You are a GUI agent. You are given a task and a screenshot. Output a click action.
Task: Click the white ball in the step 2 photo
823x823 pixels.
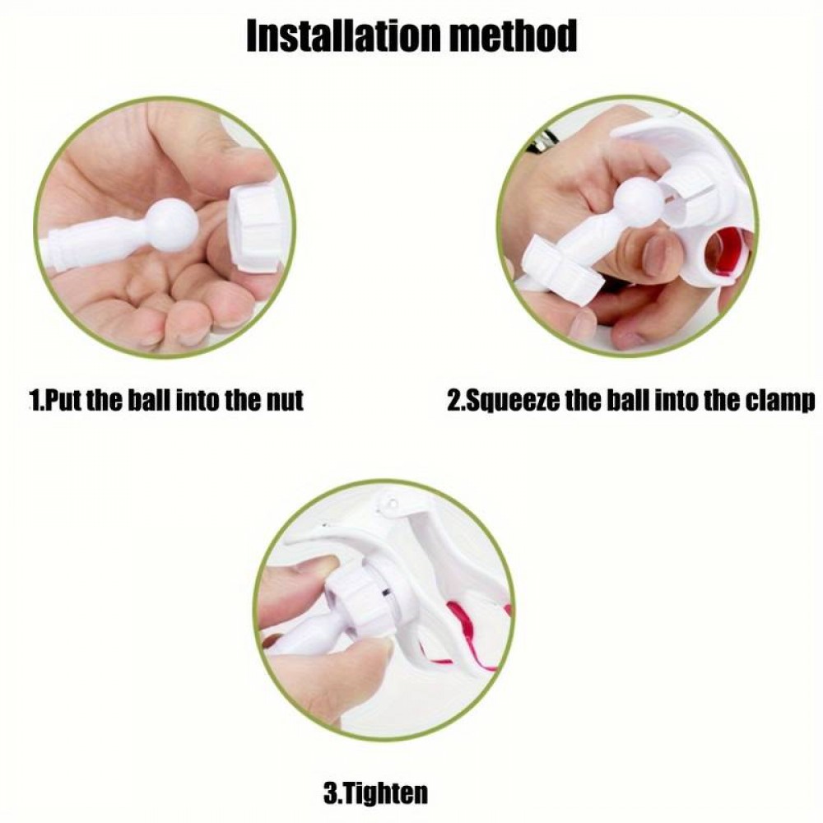[639, 202]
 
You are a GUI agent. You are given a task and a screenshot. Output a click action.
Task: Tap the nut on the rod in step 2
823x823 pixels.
[557, 263]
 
